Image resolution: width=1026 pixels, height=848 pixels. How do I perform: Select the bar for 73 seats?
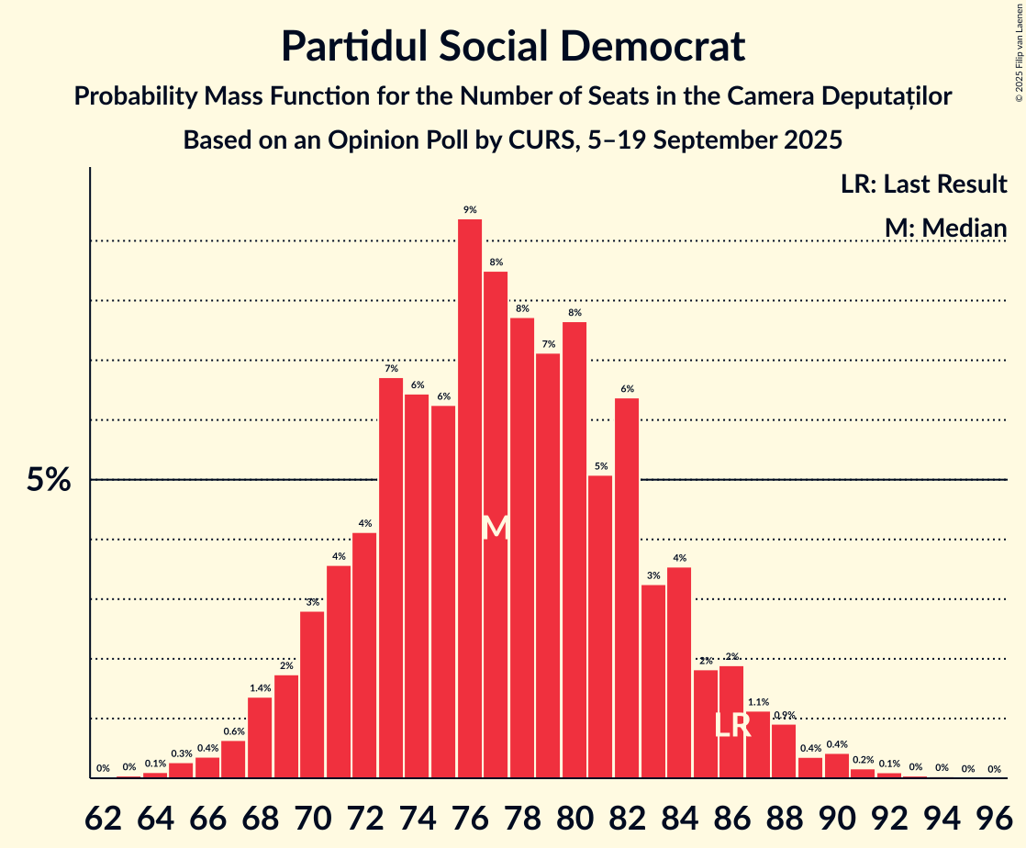click(391, 577)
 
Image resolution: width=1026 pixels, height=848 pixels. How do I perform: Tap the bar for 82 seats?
click(627, 587)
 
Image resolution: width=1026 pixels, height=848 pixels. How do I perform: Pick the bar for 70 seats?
click(312, 694)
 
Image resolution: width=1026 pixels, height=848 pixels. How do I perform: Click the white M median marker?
click(496, 528)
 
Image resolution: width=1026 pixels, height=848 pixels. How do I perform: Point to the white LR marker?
click(733, 726)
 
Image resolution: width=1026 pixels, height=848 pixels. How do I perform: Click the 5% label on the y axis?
click(48, 479)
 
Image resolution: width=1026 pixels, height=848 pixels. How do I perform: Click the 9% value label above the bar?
click(470, 210)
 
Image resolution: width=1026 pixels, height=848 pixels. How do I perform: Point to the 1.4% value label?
click(260, 688)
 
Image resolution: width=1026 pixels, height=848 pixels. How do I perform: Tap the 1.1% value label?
click(758, 702)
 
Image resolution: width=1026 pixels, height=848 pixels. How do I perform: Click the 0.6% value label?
click(234, 731)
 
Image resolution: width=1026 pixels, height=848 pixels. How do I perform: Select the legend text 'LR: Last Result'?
click(923, 184)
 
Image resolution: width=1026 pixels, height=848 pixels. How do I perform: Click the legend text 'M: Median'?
click(945, 228)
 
